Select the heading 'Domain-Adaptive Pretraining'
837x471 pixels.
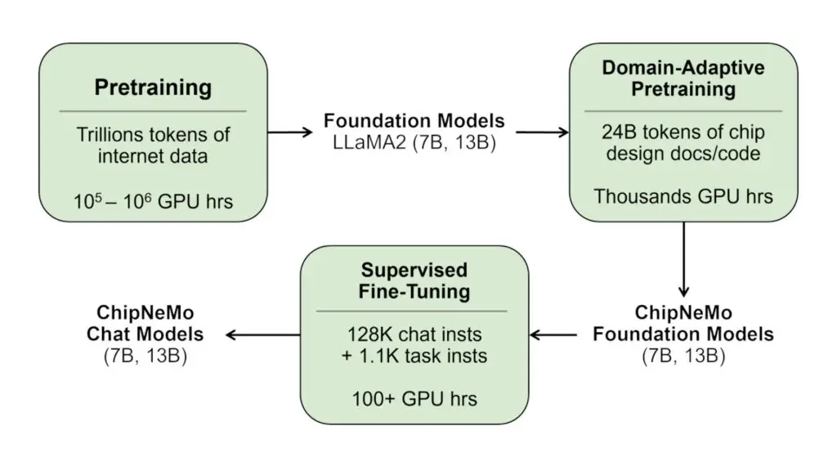[683, 78]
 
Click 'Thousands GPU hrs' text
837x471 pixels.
[683, 196]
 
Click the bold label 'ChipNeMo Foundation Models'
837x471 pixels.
[683, 324]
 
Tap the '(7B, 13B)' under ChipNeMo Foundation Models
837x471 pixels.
[683, 356]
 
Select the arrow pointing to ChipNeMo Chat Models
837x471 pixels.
[262, 334]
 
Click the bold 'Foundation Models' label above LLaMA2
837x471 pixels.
[414, 121]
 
